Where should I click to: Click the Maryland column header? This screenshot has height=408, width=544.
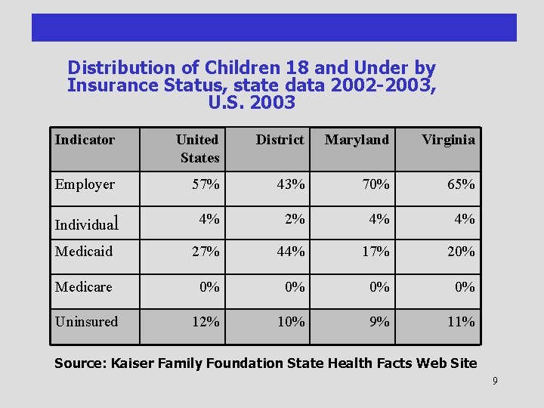357,140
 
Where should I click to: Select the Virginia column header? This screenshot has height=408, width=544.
448,140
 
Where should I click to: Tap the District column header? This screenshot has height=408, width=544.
280,140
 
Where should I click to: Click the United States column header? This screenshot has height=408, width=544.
198,148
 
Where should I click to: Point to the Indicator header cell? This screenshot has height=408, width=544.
85,140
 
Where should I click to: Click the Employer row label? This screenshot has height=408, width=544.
85,184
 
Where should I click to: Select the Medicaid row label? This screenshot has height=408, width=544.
83,252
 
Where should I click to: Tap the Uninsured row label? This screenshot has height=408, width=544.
86,322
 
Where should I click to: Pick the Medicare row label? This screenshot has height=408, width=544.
83,287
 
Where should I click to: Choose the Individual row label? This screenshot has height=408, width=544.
87,224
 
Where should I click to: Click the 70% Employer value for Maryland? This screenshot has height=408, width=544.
376,184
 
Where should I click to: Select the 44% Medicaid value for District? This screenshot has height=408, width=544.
291,252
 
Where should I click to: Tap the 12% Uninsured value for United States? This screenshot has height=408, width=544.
206,322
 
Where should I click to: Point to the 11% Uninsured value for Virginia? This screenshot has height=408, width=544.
461,322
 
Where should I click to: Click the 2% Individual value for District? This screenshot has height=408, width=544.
295,219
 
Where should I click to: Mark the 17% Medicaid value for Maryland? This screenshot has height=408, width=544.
376,252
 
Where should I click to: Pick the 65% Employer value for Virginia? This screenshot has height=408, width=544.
461,184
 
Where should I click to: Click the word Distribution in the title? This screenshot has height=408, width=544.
119,68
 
